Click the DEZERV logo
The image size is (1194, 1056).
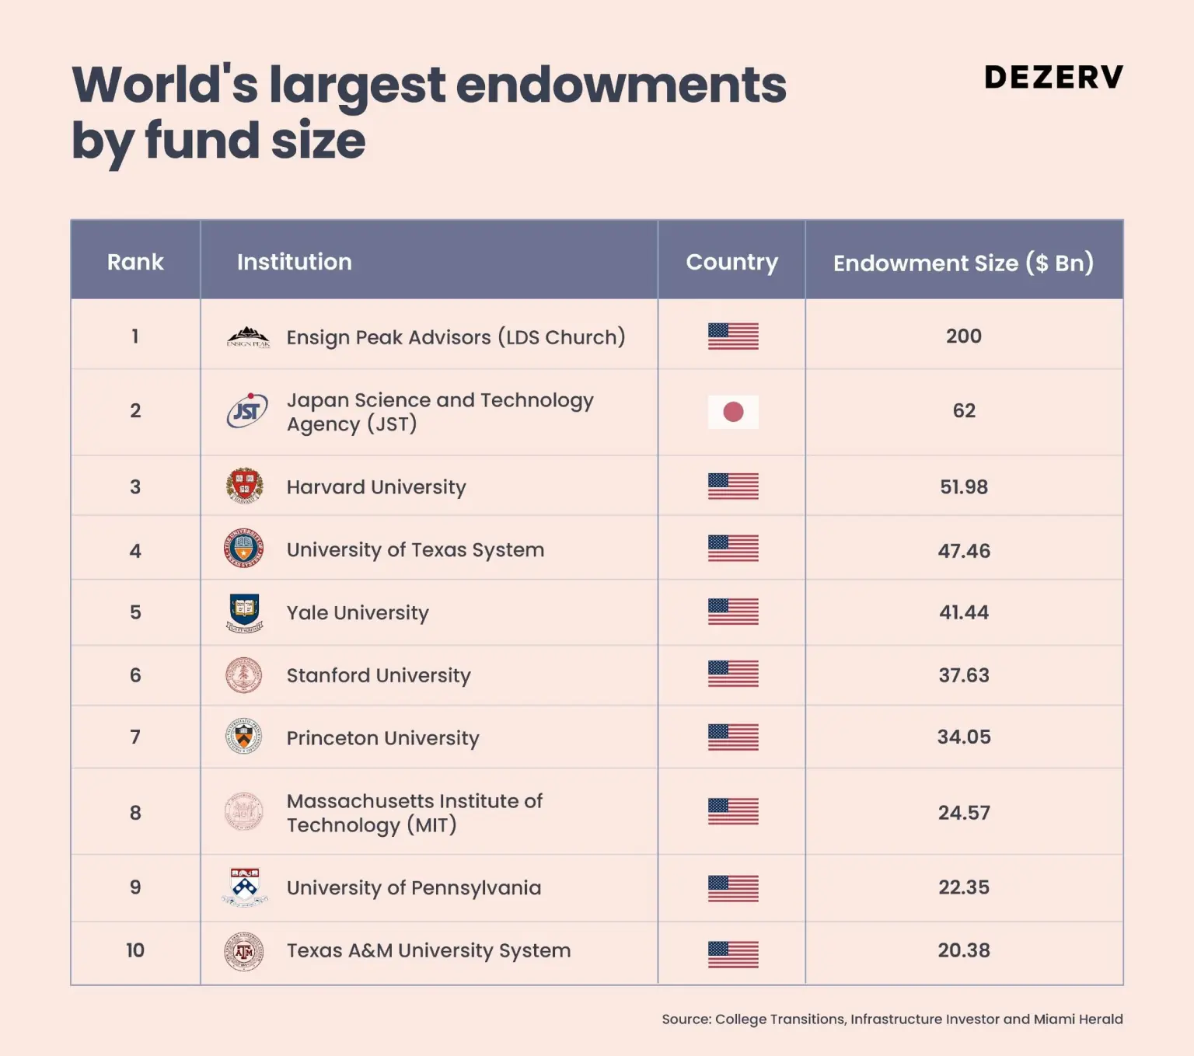coord(1053,77)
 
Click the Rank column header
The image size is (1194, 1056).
coord(135,262)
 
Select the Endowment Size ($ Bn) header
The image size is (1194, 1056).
coord(963,263)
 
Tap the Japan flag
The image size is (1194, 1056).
coord(733,412)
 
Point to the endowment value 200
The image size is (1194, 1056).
coord(963,336)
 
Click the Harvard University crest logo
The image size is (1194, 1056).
coord(244,486)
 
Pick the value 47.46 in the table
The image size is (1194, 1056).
coord(964,551)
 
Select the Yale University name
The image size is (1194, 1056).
coord(358,613)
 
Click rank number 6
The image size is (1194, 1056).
coord(135,675)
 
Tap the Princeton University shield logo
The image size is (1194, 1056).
coord(244,737)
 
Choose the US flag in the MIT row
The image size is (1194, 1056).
coord(733,812)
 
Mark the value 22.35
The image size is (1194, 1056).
coord(964,887)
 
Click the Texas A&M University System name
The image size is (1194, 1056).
coord(428,950)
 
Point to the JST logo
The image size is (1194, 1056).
coord(246,411)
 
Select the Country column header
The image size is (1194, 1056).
coord(731,262)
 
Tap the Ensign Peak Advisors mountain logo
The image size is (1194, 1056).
coord(248,337)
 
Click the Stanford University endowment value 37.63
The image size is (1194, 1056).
coord(964,675)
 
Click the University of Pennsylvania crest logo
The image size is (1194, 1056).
coord(245,887)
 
